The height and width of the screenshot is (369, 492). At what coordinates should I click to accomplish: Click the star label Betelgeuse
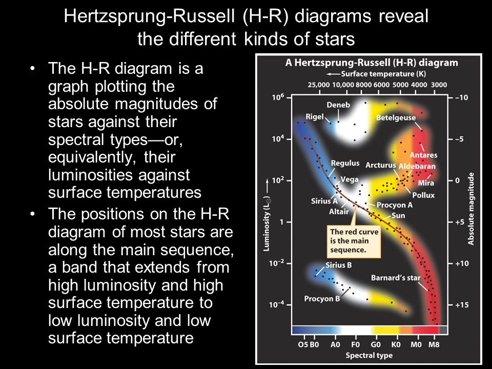[396, 118]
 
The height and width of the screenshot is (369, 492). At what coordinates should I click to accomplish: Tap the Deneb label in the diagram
[338, 105]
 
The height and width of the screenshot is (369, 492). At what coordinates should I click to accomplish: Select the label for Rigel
[315, 117]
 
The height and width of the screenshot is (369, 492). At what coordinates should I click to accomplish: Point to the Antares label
[424, 155]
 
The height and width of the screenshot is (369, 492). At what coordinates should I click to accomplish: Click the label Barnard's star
[396, 278]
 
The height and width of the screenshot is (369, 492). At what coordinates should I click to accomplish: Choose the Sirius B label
[339, 265]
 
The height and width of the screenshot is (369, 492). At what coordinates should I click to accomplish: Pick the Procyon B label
[322, 298]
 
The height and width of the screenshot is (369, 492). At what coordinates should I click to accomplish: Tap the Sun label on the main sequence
[398, 216]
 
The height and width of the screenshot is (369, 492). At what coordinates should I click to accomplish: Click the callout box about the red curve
[354, 241]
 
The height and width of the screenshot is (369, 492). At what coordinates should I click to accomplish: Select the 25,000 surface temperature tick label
[319, 85]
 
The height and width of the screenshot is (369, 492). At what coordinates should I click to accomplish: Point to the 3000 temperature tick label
[439, 85]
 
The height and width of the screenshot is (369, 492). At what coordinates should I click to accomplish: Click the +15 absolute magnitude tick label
[462, 304]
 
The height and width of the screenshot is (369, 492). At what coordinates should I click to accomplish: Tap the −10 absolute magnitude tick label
[461, 97]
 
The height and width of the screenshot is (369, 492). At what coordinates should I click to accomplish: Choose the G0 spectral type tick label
[376, 344]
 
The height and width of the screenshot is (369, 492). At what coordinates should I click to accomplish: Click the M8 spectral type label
[434, 344]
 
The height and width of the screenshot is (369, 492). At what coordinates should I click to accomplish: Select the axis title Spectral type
[369, 356]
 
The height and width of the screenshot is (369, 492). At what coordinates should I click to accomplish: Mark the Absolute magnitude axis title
[470, 209]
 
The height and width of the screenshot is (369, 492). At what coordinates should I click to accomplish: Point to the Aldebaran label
[417, 166]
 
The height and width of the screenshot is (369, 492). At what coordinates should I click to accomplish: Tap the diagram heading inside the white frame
[372, 63]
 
